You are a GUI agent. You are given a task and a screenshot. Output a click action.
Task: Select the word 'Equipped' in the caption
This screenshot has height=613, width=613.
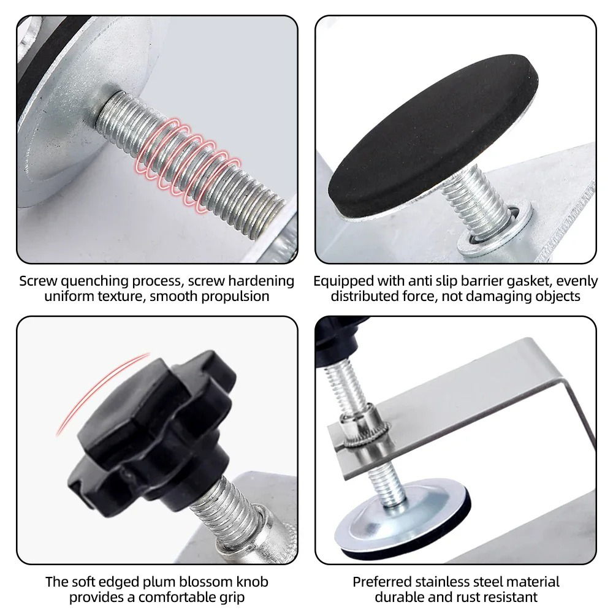(x=344, y=281)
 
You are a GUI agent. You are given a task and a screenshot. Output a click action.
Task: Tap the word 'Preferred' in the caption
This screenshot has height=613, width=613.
(x=381, y=582)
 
